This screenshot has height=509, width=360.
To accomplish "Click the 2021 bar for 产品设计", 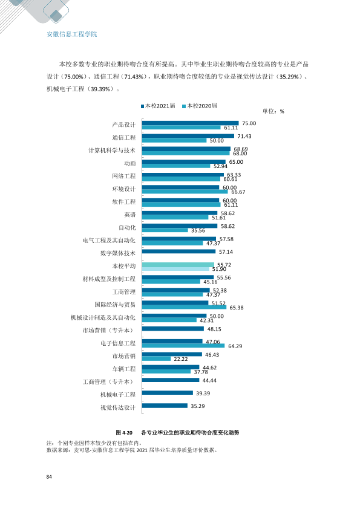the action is click(191, 123).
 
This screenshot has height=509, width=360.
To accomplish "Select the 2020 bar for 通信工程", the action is click(174, 140).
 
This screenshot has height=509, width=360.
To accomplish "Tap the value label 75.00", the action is click(249, 123).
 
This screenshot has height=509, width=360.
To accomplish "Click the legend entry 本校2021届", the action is click(158, 106).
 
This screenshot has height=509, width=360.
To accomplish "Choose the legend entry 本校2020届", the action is click(200, 106).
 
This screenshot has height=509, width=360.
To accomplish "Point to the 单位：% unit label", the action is click(273, 111).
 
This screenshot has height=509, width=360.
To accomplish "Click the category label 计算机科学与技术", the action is click(112, 151).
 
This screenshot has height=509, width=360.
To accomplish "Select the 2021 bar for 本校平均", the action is click(178, 265).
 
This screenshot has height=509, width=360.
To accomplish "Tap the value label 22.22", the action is click(181, 358).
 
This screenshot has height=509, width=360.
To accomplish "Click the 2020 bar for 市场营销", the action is click(156, 358).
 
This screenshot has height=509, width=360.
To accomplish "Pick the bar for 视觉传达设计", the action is click(165, 406).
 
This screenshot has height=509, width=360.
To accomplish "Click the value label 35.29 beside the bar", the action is click(197, 406).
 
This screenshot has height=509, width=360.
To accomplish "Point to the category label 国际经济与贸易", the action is click(115, 305).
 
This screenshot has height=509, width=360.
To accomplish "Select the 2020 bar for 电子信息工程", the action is click(183, 346).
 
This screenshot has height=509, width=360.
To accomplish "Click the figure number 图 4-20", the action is click(124, 432).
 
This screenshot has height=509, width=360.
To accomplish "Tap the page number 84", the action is click(49, 476).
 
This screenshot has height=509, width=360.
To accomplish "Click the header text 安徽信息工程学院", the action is click(72, 34).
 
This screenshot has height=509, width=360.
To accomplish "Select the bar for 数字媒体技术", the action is click(178, 251).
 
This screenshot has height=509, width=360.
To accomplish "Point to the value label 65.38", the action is click(236, 308).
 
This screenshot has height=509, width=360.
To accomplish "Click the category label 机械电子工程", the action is click(117, 394).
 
